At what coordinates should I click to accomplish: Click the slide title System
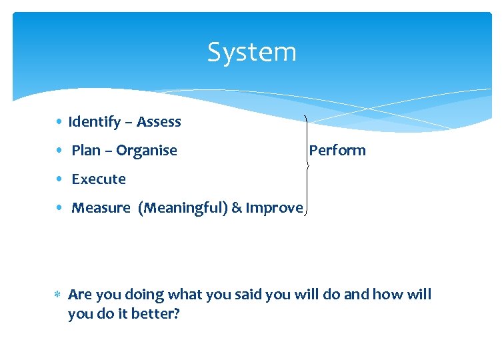251,52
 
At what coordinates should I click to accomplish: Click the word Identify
94,122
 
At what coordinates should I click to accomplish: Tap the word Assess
159,122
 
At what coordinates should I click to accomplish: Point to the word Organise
147,151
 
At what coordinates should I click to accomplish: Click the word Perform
337,151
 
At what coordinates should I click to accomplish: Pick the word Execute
99,179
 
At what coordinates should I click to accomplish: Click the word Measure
101,208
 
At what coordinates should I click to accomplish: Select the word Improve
274,208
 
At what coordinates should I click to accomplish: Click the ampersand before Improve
237,208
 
